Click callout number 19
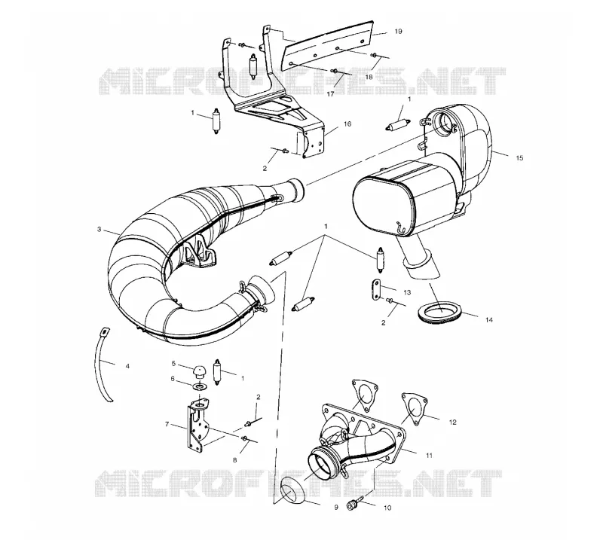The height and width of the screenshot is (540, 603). (399, 31)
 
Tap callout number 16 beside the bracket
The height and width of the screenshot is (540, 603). (347, 124)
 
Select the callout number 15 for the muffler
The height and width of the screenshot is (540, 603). (519, 157)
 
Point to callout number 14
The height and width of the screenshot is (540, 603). (488, 319)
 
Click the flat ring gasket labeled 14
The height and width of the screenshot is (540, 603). (439, 307)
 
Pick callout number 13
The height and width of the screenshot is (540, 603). (407, 292)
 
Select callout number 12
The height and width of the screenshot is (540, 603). (453, 422)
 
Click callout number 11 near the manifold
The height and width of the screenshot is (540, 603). (429, 456)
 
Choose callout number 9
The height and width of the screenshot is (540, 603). (335, 508)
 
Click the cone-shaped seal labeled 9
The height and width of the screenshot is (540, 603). (292, 490)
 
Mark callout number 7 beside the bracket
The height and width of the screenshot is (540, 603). (167, 424)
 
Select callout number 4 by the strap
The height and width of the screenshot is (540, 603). (127, 366)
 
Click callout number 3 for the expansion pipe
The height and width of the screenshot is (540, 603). (99, 230)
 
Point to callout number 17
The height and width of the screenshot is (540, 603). (331, 94)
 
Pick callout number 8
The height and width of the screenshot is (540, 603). (234, 459)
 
